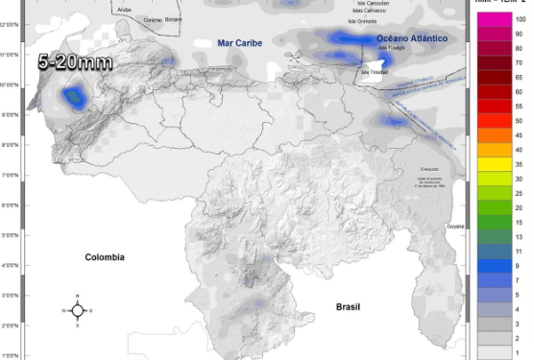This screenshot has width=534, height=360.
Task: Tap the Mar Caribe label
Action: pos(239,42)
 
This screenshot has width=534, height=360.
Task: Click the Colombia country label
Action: pos(105,257)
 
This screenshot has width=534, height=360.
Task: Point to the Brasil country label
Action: pos(348,306)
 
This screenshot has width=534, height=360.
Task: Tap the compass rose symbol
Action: pos(78,310)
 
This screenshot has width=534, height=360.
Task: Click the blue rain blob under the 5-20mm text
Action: pos(73,97)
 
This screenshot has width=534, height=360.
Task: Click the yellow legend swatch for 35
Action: pos(494,164)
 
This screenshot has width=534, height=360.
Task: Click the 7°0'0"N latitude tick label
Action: pos(12,176)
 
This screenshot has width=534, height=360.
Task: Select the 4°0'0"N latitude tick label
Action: pos(12,266)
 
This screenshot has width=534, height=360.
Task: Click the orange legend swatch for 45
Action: pos(494,135)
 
